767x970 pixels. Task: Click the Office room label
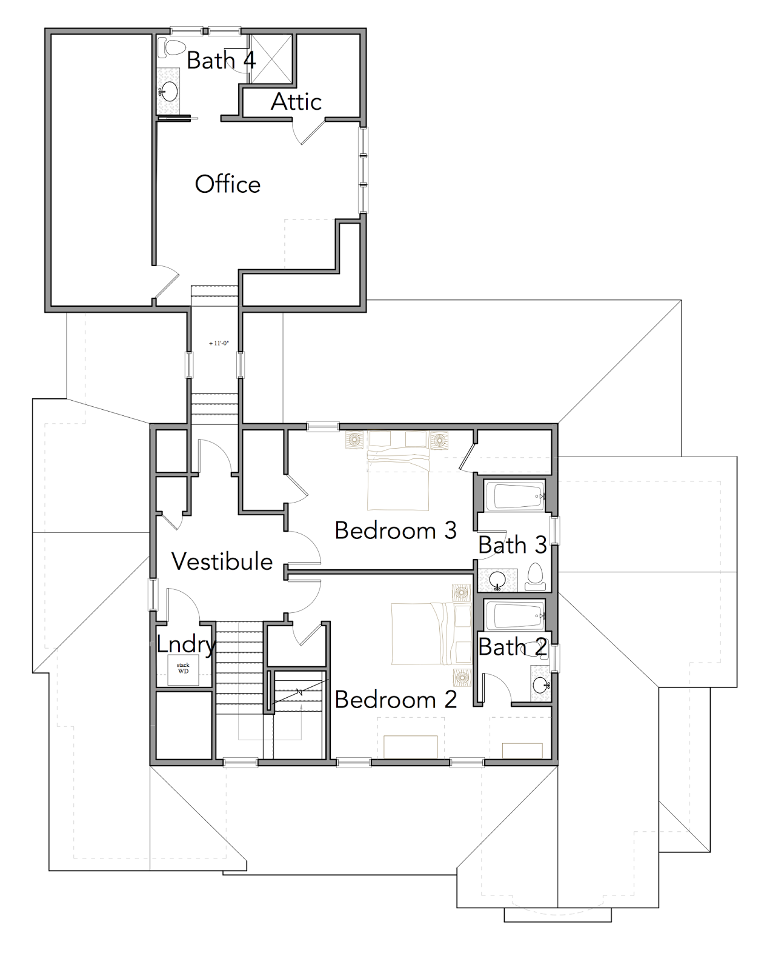tap(227, 184)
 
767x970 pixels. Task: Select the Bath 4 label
tap(221, 60)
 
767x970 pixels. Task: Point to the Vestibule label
tap(222, 561)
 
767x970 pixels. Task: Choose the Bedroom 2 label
tap(396, 700)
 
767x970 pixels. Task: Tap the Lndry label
tap(187, 645)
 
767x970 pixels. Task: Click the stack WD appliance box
tap(183, 670)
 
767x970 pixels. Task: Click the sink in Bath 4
tap(170, 92)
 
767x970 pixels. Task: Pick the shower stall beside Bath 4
tap(271, 59)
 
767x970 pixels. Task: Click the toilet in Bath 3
tap(534, 577)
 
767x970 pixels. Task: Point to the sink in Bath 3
tap(497, 581)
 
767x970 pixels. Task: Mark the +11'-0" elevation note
tap(219, 343)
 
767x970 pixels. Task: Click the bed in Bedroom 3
tap(397, 470)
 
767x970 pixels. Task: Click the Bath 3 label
tap(513, 545)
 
